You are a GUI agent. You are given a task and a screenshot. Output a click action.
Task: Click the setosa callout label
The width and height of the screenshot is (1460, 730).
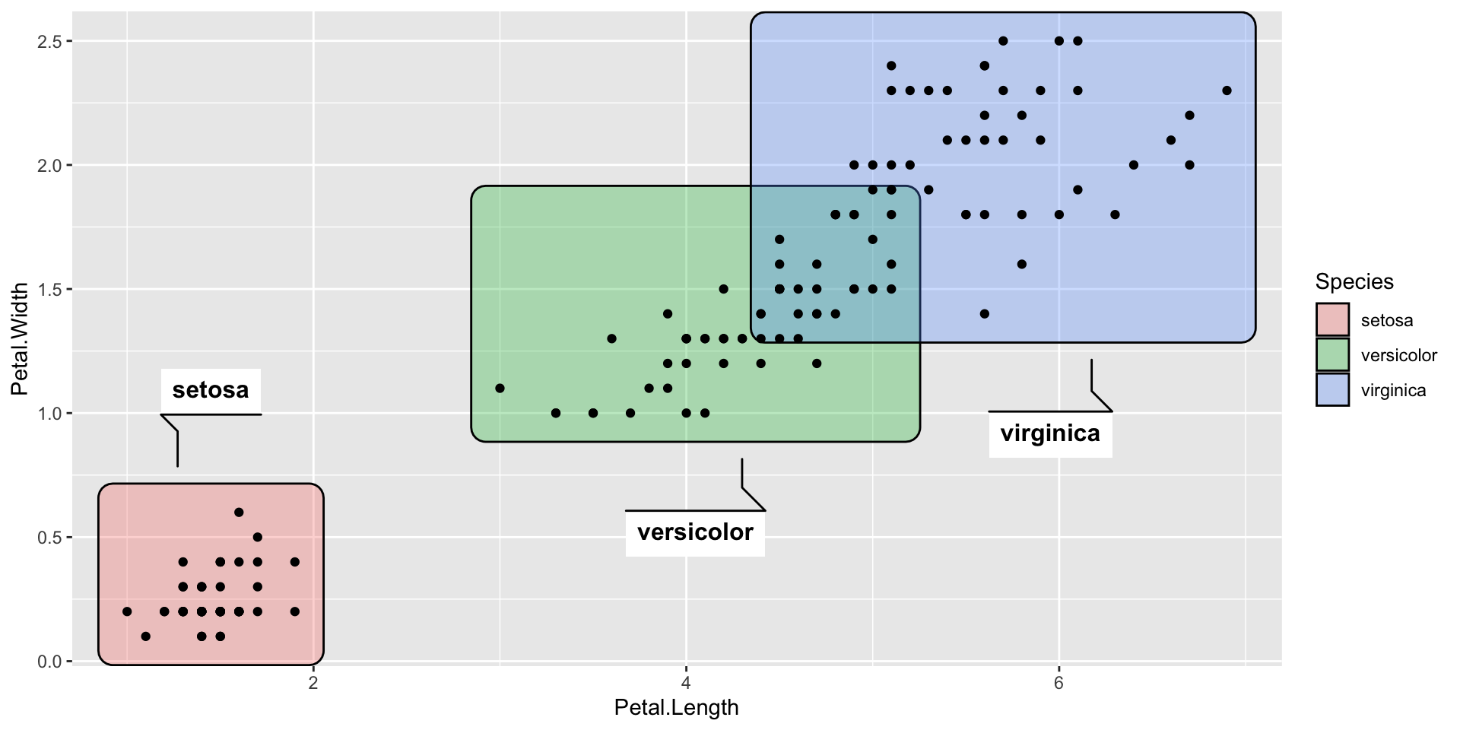pos(211,390)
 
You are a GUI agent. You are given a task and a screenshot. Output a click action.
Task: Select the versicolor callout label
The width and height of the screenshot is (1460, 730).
pos(695,532)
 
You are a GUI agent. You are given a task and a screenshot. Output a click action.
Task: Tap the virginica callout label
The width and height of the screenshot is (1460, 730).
pos(1050,433)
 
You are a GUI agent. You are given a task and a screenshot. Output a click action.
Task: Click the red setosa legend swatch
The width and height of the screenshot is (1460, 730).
pos(1332,319)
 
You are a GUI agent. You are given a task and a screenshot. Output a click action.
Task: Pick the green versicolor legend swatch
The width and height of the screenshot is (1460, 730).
pos(1332,354)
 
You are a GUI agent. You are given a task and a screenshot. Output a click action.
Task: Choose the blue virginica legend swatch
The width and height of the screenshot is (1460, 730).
pos(1332,389)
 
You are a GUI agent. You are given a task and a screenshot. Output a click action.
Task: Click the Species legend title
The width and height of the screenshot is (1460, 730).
pos(1354,281)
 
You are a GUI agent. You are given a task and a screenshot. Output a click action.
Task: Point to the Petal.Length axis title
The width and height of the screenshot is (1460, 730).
pos(676,708)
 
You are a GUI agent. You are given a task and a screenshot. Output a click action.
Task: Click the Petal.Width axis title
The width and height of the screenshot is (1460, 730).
pos(20,339)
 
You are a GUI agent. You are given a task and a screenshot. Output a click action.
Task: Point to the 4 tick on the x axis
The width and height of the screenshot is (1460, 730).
pos(686,682)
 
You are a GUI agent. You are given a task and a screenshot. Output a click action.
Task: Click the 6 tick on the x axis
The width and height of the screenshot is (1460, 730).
pos(1058,682)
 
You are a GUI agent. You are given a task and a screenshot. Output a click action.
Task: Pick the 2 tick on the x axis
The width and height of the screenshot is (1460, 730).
pos(313,682)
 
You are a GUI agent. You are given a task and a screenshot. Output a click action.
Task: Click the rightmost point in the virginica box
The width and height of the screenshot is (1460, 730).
pos(1227,90)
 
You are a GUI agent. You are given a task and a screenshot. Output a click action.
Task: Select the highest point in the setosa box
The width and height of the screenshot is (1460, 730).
pos(239,513)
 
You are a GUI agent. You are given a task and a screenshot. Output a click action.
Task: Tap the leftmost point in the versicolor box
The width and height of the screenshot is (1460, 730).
pos(500,389)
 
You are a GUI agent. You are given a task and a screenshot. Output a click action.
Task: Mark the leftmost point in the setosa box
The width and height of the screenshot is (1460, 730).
pos(127,611)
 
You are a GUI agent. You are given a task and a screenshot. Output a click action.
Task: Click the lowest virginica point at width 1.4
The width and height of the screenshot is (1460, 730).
pos(984,314)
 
